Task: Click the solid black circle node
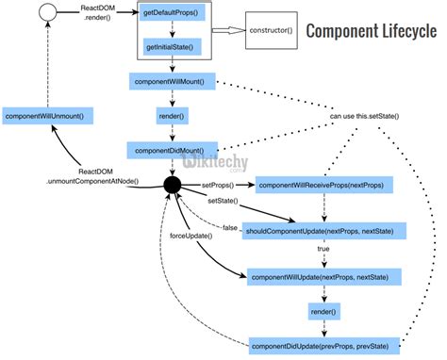[174, 184]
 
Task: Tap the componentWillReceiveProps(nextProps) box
[311, 185]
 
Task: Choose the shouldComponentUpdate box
[324, 230]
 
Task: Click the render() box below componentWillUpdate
[323, 310]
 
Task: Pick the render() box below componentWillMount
[173, 117]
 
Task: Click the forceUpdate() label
[190, 236]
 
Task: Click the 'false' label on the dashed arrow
[229, 228]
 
